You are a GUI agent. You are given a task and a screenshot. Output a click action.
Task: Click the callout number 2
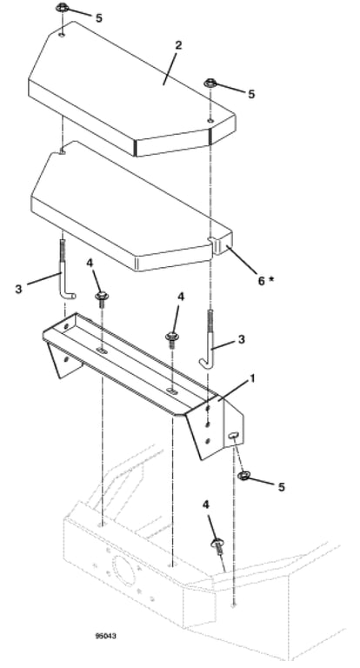pyautogui.click(x=178, y=45)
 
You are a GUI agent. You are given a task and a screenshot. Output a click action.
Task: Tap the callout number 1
pyautogui.click(x=253, y=378)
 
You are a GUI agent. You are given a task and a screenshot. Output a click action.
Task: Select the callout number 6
pyautogui.click(x=262, y=281)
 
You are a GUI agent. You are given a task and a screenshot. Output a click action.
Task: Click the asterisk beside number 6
pyautogui.click(x=271, y=279)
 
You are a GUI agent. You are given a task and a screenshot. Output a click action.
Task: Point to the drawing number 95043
pyautogui.click(x=105, y=636)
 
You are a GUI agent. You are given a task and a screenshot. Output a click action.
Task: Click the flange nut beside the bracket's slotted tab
pyautogui.click(x=243, y=476)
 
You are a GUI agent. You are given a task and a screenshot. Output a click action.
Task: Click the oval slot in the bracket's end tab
pyautogui.click(x=233, y=435)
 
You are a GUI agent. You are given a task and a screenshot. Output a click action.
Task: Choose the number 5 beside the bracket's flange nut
pyautogui.click(x=281, y=487)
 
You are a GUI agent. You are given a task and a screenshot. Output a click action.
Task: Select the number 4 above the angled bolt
pyautogui.click(x=206, y=504)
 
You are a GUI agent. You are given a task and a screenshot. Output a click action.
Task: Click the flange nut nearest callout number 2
pyautogui.click(x=210, y=83)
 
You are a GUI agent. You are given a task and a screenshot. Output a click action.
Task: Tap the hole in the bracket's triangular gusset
pyautogui.click(x=65, y=359)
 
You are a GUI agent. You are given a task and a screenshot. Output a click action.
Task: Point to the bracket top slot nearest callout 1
pyautogui.click(x=170, y=390)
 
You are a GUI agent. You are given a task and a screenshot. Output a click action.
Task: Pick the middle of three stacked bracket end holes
pyautogui.click(x=208, y=424)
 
